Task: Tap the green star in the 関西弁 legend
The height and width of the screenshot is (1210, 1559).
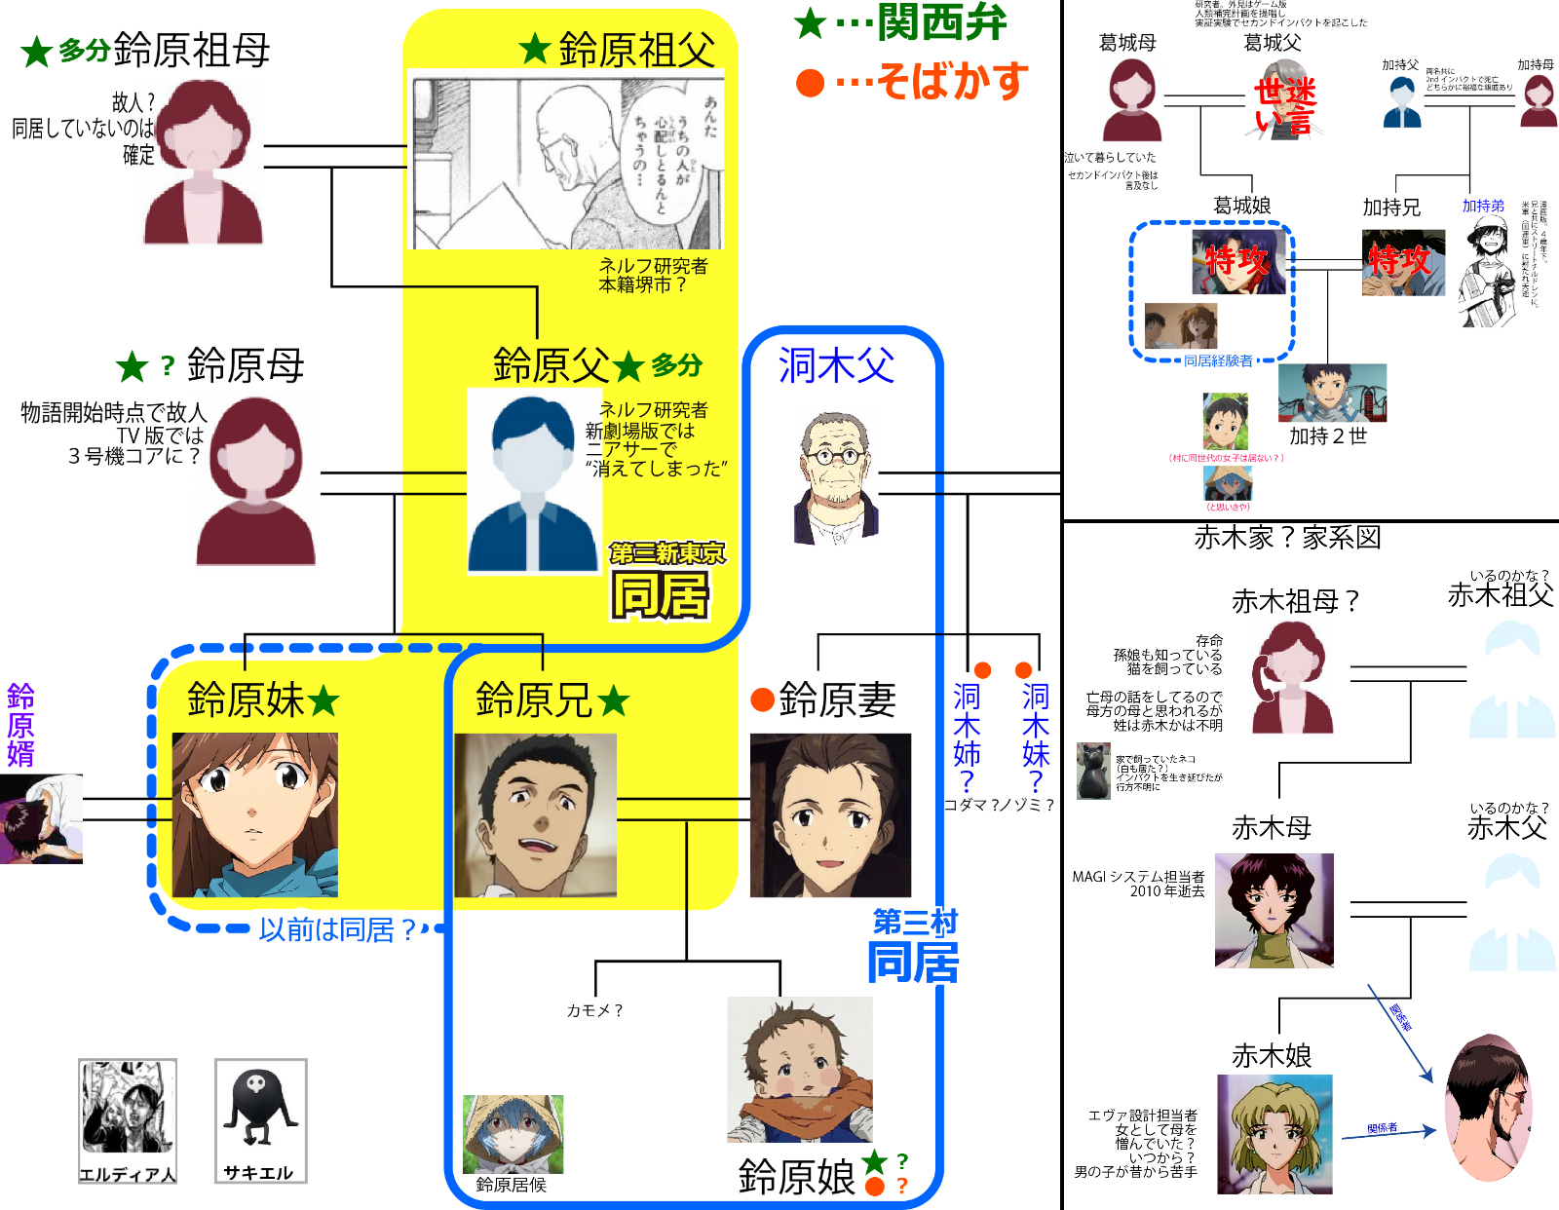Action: [x=811, y=23]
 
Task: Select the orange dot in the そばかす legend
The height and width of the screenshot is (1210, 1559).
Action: [x=810, y=83]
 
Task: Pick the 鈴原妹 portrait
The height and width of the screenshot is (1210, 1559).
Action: [x=255, y=814]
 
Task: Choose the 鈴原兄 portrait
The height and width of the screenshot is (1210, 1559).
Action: [x=535, y=814]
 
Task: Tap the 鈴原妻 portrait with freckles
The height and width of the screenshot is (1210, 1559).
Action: [x=830, y=814]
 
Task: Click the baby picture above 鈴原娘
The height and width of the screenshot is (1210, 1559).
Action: [x=800, y=1069]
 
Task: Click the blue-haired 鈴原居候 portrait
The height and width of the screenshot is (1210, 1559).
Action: [x=513, y=1134]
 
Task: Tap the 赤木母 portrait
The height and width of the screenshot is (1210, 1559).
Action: [x=1274, y=910]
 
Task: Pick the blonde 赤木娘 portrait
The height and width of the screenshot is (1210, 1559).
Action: [x=1274, y=1133]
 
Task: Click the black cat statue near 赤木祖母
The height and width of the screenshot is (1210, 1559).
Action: [x=1093, y=771]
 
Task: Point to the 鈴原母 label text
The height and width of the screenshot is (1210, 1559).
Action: [x=246, y=366]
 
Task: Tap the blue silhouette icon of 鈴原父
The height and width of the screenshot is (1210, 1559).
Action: [x=533, y=483]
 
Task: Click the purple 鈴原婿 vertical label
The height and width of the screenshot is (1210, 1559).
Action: [x=20, y=725]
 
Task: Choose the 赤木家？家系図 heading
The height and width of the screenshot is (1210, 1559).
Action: [x=1287, y=538]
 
